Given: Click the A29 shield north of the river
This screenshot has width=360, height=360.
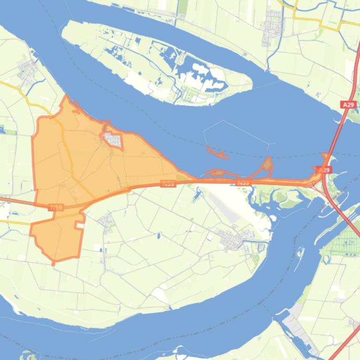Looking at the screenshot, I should tap(349, 105).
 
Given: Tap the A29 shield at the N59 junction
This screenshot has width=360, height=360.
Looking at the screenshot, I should tap(324, 170).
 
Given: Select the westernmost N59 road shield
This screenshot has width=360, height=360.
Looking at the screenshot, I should tap(56, 207).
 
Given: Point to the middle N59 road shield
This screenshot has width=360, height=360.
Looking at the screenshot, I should tap(168, 184).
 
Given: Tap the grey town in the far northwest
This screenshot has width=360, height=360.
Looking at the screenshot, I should tap(28, 72).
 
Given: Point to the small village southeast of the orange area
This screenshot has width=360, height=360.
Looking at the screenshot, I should tap(107, 220).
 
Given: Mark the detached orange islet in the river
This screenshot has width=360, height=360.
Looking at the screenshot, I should tap(216, 152).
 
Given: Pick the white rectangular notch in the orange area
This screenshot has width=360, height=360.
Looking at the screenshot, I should tap(80, 225).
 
